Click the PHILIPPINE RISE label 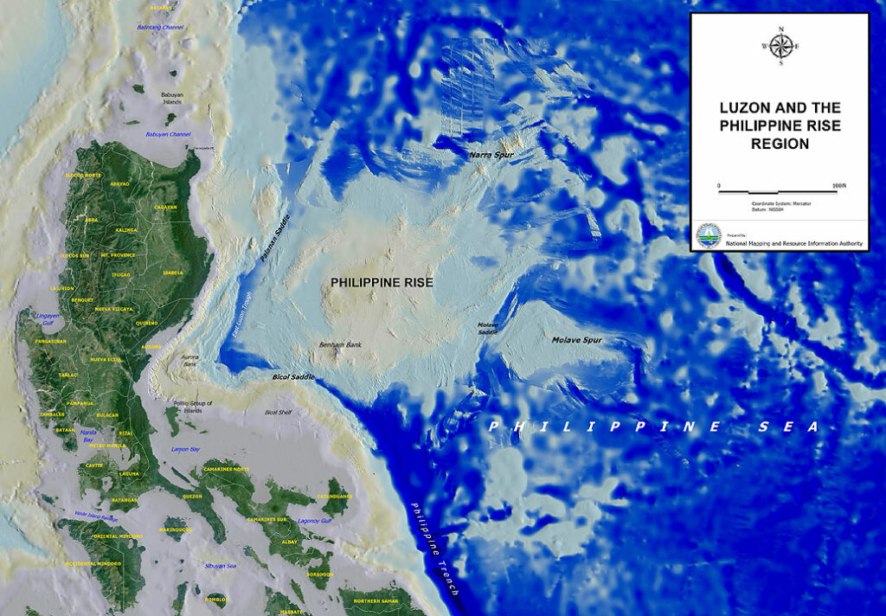(382, 282)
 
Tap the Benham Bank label (339, 344)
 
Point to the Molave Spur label (576, 340)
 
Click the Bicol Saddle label (291, 378)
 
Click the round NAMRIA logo (709, 234)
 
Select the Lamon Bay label (185, 449)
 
